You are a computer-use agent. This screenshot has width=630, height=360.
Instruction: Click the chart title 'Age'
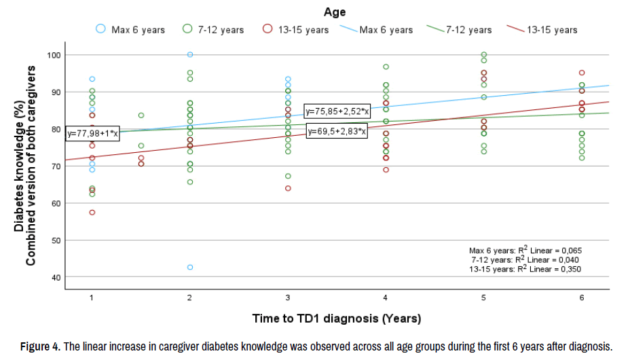tap(334, 12)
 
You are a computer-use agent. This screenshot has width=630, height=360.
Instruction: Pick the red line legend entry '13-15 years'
tap(542, 30)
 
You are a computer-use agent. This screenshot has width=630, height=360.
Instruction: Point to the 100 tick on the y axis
tap(53, 54)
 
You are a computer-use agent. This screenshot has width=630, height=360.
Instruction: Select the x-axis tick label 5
tap(484, 298)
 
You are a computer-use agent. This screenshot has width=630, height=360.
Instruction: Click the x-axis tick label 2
tap(190, 298)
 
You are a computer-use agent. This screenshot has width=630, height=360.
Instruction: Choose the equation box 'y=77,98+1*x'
tap(92, 134)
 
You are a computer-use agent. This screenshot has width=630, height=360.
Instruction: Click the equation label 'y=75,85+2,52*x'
tap(337, 111)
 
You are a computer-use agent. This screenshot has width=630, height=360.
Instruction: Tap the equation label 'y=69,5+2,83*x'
tap(337, 131)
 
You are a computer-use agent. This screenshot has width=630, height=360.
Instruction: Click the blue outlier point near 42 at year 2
tap(190, 267)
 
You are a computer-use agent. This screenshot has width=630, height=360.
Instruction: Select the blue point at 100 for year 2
tap(190, 54)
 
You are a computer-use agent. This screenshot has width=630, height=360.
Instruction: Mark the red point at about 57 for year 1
tap(92, 213)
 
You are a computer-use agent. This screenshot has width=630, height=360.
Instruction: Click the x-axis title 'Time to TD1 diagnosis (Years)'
tap(337, 318)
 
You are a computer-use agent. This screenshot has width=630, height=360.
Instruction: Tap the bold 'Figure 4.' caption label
tap(40, 347)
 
